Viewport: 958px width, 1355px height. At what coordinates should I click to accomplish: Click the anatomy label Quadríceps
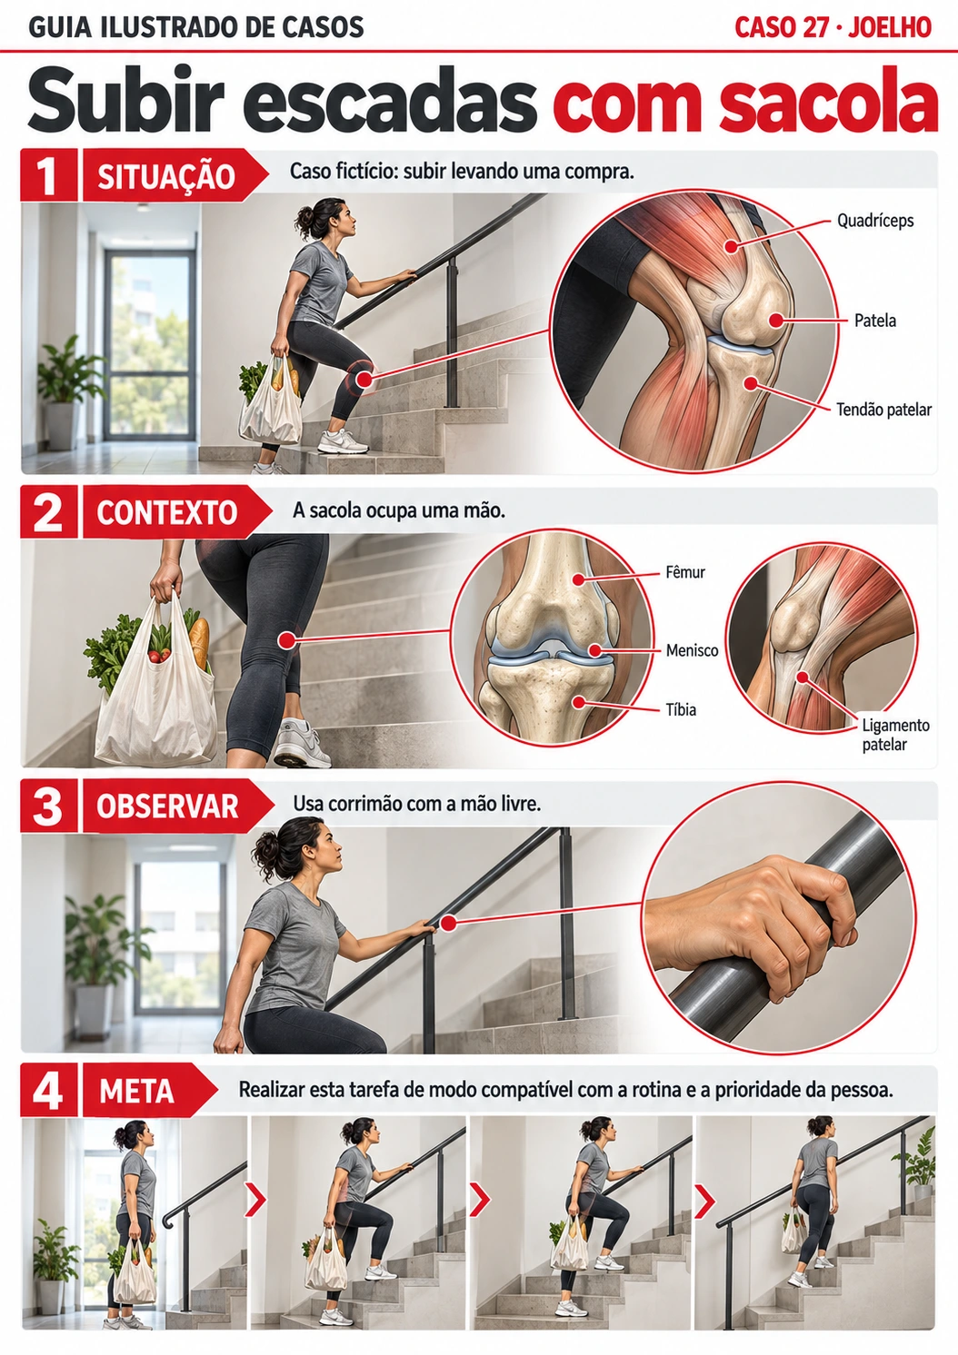[x=875, y=221]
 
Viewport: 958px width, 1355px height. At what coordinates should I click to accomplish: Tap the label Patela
[x=875, y=321]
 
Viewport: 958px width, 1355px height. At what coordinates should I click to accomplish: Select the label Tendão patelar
[x=883, y=410]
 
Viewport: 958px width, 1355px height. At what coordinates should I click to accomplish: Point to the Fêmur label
[x=685, y=572]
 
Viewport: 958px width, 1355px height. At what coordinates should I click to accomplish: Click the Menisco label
[x=693, y=651]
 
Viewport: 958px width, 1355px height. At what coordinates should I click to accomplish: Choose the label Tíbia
[x=682, y=709]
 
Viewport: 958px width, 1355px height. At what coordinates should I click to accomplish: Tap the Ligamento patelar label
[x=895, y=735]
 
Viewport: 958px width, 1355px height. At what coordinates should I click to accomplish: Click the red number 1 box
[x=48, y=174]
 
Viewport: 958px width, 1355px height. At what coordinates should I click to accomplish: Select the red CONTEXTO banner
[x=175, y=512]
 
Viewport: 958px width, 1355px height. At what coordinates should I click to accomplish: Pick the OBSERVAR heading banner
[x=177, y=806]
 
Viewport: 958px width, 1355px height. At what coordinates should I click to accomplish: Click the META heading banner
[x=148, y=1091]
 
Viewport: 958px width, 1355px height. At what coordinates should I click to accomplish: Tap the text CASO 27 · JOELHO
[x=833, y=28]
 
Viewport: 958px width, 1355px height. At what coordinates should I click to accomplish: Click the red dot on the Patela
[x=775, y=320]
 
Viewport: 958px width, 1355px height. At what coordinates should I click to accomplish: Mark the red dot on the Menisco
[x=596, y=651]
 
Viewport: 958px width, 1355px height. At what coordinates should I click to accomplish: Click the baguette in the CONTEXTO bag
[x=199, y=642]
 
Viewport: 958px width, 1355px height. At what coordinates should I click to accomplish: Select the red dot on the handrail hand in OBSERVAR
[x=447, y=924]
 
